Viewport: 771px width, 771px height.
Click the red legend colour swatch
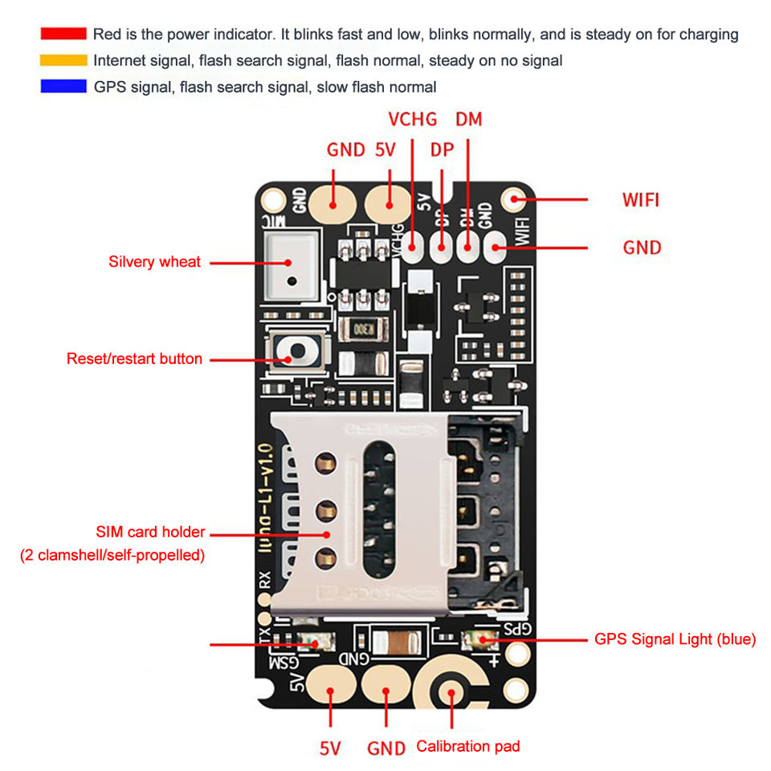coord(63,34)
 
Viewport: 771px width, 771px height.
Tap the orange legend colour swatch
coord(63,60)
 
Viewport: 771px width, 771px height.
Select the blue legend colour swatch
coord(63,87)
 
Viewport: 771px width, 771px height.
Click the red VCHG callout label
coord(413,120)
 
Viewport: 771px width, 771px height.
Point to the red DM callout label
coord(469,120)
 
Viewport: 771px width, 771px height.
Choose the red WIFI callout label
coord(641,199)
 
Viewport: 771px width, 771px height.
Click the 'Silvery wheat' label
coord(154,262)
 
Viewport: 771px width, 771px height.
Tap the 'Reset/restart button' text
coord(134,359)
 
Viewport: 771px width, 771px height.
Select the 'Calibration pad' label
coord(468,746)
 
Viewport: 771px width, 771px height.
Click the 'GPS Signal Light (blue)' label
coord(675,639)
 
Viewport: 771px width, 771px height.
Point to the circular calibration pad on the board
coord(452,692)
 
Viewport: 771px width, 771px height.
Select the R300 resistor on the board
coord(365,329)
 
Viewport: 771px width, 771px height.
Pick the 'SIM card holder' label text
coord(150,532)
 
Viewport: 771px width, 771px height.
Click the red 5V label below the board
coord(331,749)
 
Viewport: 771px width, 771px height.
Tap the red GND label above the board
coord(346,150)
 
